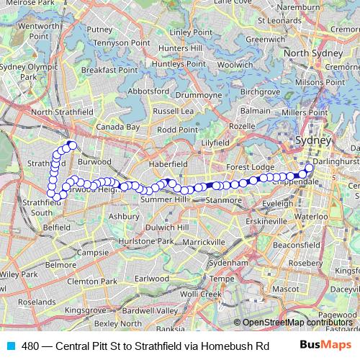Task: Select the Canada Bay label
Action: coord(119,127)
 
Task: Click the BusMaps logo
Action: coord(324,344)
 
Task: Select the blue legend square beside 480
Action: coord(9,345)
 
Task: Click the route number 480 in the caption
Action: coord(31,345)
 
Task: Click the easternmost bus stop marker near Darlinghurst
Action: coord(309,168)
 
